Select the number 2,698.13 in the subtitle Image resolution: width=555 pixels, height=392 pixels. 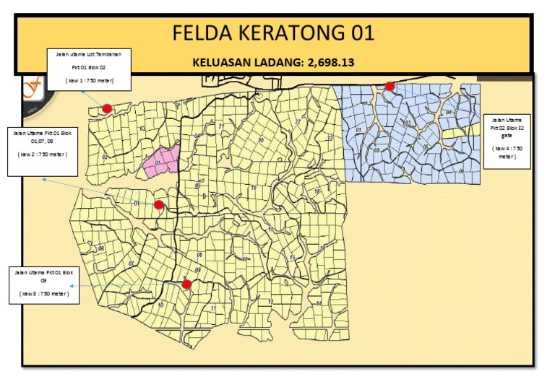coord(331,63)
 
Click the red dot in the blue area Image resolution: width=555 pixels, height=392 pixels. coord(390,87)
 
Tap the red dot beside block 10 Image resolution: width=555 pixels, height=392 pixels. coord(186,284)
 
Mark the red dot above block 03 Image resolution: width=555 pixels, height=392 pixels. coord(107,109)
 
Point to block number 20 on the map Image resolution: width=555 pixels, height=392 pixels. coord(260,139)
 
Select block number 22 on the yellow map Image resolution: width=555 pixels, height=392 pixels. coord(297,122)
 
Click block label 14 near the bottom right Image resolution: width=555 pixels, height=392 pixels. coord(319,303)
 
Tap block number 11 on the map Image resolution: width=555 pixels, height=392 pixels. coord(214,308)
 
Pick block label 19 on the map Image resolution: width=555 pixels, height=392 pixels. coord(254,188)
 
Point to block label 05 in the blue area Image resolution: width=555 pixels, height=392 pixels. coord(426,147)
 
